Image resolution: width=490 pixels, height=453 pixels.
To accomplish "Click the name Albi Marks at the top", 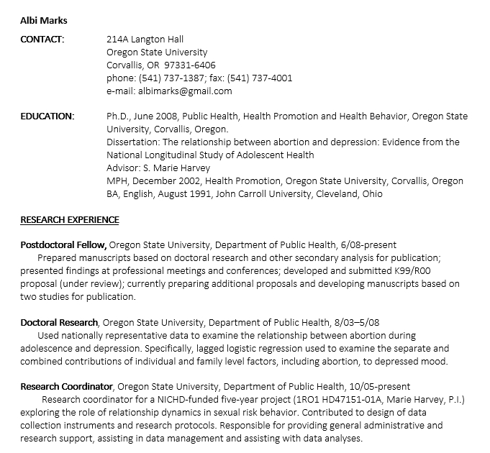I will click(x=44, y=20).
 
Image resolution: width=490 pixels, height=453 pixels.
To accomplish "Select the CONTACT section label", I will click(x=42, y=39).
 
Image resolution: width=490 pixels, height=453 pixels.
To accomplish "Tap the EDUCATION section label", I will click(x=47, y=116).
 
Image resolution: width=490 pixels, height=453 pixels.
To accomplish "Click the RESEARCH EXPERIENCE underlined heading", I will click(x=69, y=219).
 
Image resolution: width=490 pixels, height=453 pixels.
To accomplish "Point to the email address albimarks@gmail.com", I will click(x=185, y=91).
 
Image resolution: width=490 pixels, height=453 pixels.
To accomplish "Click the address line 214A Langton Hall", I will click(x=145, y=40).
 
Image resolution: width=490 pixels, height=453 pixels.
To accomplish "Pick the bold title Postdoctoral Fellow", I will click(x=63, y=244).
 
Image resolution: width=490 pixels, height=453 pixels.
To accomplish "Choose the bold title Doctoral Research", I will click(x=59, y=322).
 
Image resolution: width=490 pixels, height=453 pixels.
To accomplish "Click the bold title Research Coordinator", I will click(x=66, y=387).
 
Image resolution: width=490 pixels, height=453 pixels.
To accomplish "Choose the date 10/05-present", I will click(x=384, y=387).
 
